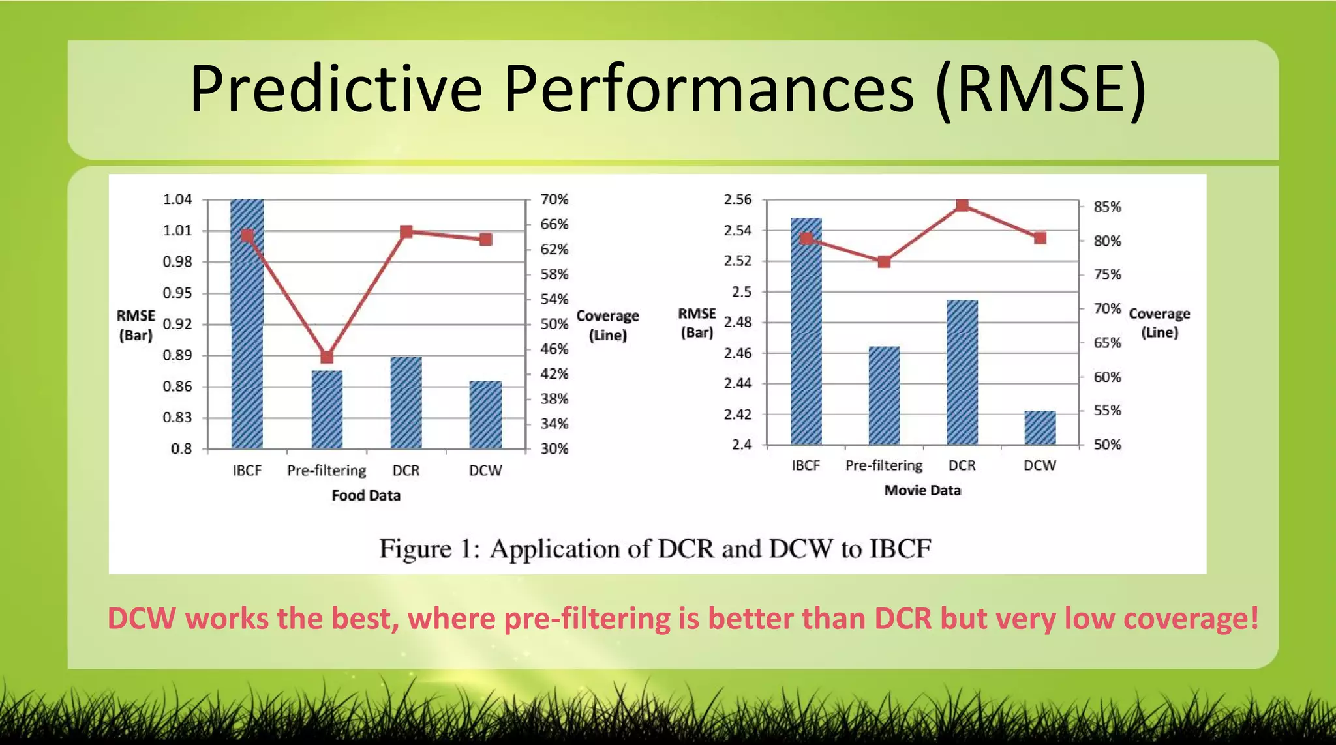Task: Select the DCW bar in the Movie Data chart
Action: (1040, 428)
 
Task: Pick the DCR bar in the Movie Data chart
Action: (962, 372)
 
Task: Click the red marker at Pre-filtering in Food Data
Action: (327, 357)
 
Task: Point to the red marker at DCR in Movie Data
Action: (962, 205)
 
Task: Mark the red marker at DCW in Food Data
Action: (485, 239)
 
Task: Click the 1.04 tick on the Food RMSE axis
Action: (177, 199)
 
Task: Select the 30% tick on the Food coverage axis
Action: (554, 448)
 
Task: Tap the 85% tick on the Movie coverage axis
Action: (1107, 207)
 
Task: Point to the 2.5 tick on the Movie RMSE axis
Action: (742, 291)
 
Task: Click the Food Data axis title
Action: (366, 495)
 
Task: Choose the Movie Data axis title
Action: (922, 490)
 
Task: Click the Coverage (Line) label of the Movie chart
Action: (1159, 323)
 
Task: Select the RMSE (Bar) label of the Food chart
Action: (136, 325)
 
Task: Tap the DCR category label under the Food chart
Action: (406, 471)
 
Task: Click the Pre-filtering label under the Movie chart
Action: (883, 465)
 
